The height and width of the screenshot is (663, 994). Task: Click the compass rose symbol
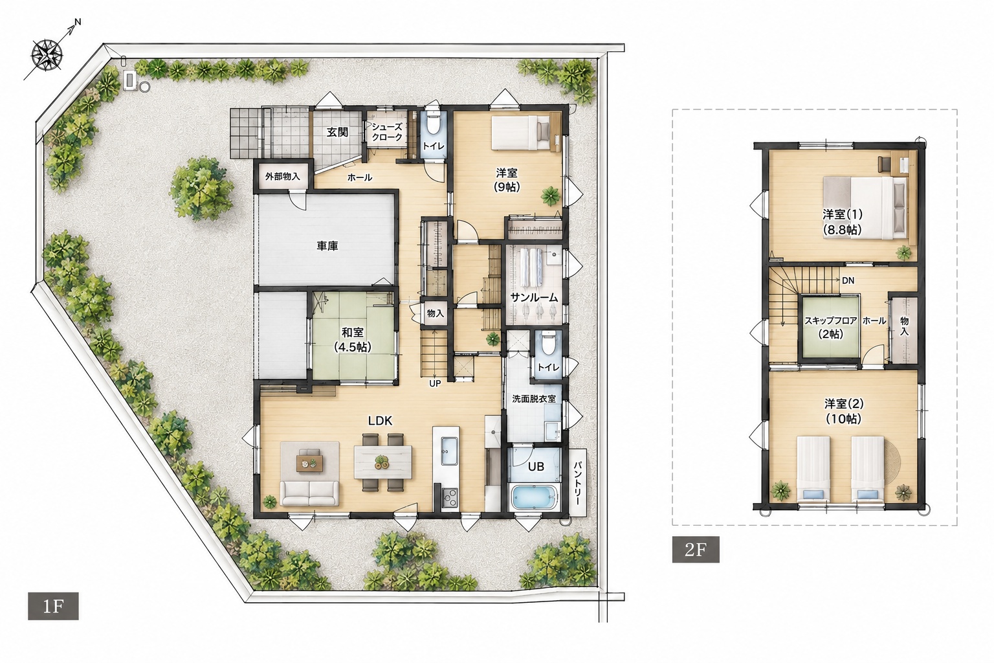tap(47, 55)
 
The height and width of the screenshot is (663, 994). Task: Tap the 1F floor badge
tap(53, 606)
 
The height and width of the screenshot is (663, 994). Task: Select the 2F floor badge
tap(696, 549)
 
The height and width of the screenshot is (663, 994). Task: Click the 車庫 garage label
tap(327, 246)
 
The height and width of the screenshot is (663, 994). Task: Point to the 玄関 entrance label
tap(337, 132)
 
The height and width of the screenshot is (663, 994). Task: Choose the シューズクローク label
tap(387, 132)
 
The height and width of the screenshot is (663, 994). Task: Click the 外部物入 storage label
tap(283, 176)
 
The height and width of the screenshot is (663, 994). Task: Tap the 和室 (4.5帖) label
tap(353, 339)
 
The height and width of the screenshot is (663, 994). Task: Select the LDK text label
tap(381, 421)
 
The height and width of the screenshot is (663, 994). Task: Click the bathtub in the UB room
tap(534, 499)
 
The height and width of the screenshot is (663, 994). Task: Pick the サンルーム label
tap(534, 298)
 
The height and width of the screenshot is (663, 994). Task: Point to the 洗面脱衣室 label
tap(534, 399)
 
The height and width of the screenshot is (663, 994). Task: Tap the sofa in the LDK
tap(309, 494)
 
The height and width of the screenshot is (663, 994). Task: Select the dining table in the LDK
tap(383, 462)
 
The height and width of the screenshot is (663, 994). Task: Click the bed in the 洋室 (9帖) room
tap(520, 132)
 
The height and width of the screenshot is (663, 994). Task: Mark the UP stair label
tap(435, 383)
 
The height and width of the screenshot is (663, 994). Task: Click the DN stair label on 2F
tap(848, 280)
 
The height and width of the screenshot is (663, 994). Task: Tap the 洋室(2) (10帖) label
tap(844, 411)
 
